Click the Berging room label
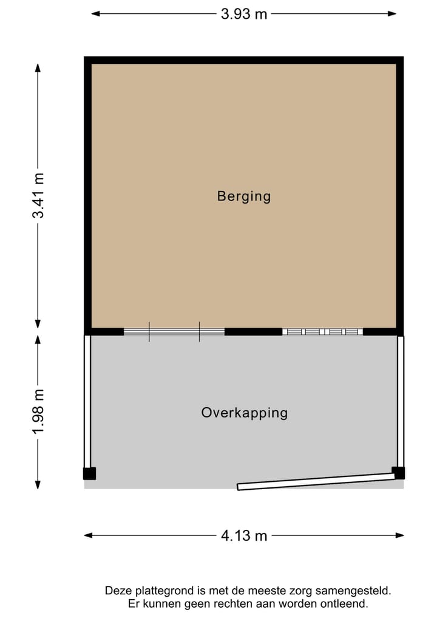[x=244, y=196]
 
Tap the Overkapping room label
[x=244, y=413]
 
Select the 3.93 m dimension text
[x=244, y=14]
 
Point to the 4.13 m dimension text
[x=244, y=535]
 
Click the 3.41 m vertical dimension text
[x=38, y=196]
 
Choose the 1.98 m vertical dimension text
[x=38, y=412]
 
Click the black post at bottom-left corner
[x=89, y=473]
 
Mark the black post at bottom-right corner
[x=398, y=472]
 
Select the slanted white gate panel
[x=319, y=482]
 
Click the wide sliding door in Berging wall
[x=174, y=332]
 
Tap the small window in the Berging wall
[x=322, y=332]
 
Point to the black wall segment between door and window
[x=253, y=332]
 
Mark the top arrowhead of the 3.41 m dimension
[x=38, y=67]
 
